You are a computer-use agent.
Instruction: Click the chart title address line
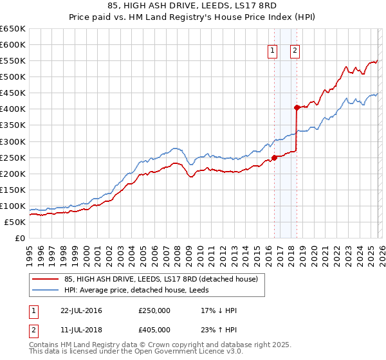point(193,5)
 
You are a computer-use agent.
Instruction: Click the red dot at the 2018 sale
point(297,107)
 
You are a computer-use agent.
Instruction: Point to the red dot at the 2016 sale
point(274,157)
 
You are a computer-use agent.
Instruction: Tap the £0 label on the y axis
point(19,238)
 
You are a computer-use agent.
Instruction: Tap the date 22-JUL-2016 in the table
point(81,310)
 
